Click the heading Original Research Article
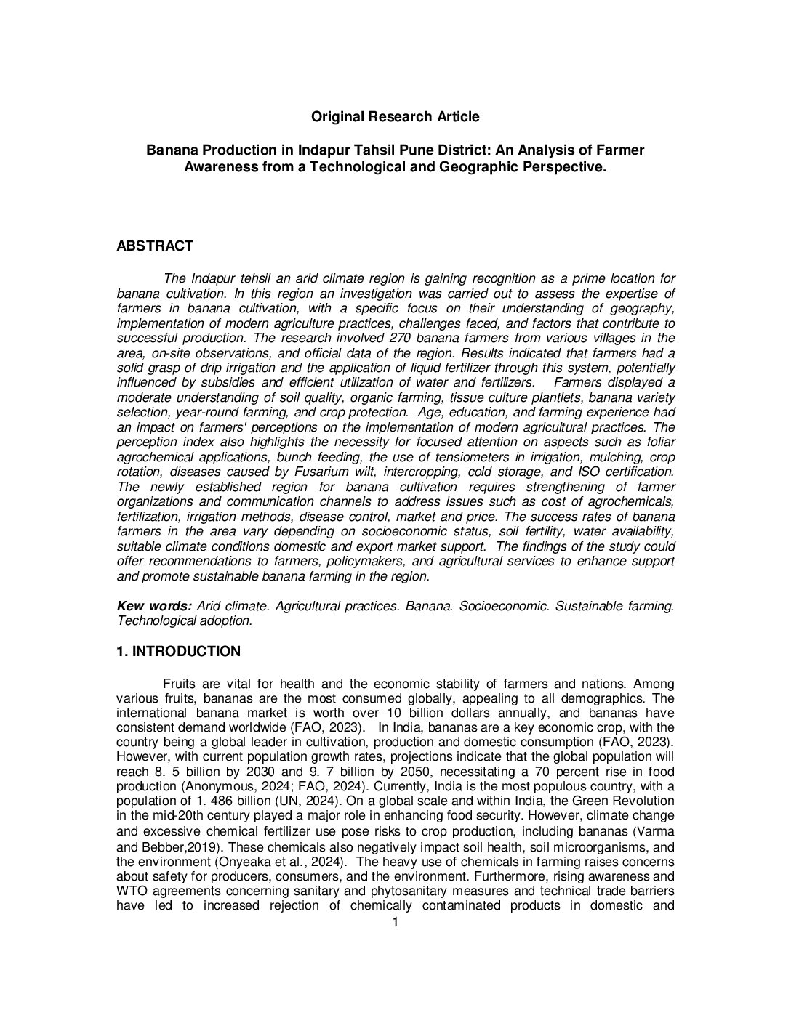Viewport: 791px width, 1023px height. [x=395, y=116]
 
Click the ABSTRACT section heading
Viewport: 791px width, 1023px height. [x=155, y=246]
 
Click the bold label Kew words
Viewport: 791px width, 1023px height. [x=154, y=606]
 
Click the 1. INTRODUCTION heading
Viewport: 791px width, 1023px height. [x=178, y=651]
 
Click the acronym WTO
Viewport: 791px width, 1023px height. [x=130, y=891]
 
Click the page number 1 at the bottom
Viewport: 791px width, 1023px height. [x=395, y=922]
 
